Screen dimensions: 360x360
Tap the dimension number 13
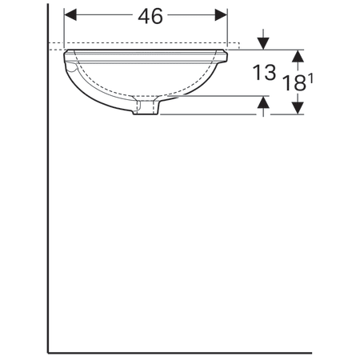265,74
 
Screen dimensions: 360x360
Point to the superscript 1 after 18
310,74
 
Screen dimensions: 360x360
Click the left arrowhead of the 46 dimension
69,15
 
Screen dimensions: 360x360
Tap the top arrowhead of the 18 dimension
298,55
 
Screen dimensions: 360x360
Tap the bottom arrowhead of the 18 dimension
298,108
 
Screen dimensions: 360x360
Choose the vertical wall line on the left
48,200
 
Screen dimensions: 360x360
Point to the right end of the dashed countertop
239,44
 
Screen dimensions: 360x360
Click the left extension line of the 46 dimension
63,28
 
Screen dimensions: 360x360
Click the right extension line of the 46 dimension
228,28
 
